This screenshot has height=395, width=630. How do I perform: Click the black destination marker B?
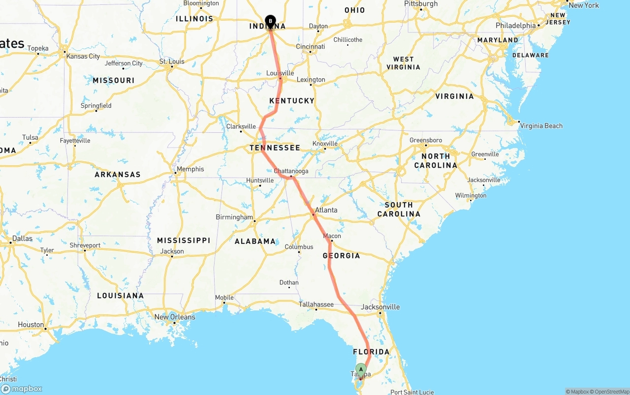270,21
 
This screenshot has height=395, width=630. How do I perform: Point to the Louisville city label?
280,73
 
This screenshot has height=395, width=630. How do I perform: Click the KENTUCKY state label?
292,101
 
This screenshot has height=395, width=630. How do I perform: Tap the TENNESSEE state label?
275,148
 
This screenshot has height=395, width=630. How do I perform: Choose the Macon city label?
332,236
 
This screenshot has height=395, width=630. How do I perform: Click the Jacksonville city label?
380,307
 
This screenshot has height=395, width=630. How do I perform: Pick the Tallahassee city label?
316,304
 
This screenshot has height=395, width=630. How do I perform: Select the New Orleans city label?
175,317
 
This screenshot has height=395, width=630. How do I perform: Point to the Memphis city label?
190,169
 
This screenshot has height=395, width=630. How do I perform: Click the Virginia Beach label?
541,126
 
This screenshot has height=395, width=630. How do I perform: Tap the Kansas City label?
83,56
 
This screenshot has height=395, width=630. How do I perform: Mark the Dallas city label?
22,239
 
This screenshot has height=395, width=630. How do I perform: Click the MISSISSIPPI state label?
184,241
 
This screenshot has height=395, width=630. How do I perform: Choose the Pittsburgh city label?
421,4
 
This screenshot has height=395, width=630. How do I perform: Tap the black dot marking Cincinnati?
310,52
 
